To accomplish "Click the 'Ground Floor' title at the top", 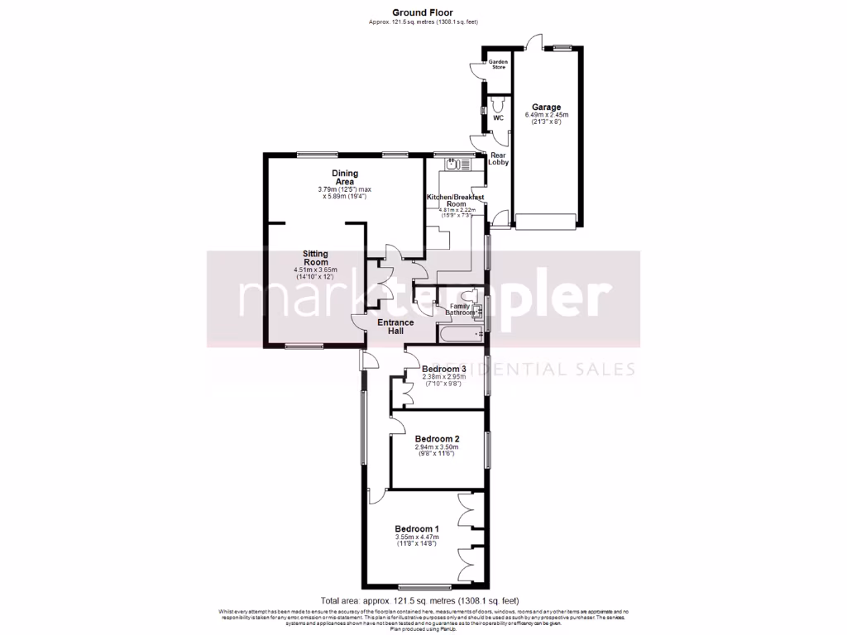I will (423, 12).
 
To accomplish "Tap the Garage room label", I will (546, 107).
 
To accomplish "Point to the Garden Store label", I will (498, 64).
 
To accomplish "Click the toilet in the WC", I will (498, 105).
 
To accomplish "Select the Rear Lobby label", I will (499, 159).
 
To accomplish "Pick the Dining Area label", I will (344, 177).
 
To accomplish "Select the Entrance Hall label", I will (390, 326).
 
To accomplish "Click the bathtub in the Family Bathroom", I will (459, 335).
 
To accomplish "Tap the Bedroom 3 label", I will (444, 369).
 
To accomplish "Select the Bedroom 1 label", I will (417, 529).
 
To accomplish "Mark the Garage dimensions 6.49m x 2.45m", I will (546, 118).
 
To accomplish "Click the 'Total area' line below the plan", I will (420, 600).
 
